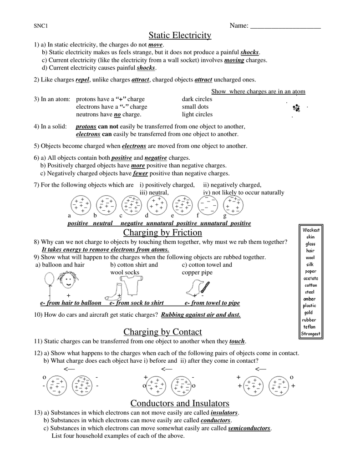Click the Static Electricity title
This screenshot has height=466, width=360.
(180, 35)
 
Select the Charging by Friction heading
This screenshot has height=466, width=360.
(163, 233)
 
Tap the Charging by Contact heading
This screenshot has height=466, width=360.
(162, 332)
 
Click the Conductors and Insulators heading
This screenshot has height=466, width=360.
(180, 403)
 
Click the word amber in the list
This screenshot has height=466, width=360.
(309, 299)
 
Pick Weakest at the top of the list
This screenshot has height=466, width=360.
(311, 230)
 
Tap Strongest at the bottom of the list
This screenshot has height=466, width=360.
(311, 334)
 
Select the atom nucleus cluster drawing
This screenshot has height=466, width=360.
(297, 108)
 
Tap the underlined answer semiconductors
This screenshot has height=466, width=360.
(249, 429)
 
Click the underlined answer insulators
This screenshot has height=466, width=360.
(224, 413)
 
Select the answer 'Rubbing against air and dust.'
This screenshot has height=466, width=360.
(201, 314)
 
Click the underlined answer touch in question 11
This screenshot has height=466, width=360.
(237, 341)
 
